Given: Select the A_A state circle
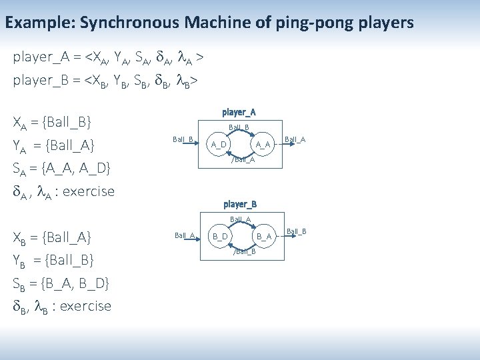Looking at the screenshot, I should (x=263, y=144).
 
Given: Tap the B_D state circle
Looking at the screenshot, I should (x=220, y=236).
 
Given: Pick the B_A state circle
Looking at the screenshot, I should (x=264, y=236).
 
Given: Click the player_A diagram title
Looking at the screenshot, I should (x=239, y=112).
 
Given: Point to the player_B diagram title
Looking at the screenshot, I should (x=240, y=204).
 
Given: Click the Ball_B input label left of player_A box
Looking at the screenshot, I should (x=183, y=139).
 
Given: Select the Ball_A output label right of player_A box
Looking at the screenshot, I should (x=295, y=139).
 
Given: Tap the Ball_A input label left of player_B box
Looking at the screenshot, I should (x=184, y=235).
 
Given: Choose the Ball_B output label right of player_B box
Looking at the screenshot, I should (x=296, y=231).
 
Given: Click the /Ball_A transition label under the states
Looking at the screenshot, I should (x=243, y=159).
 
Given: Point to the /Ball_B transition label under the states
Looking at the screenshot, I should (x=243, y=251).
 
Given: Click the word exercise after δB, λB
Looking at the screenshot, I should (x=85, y=306).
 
